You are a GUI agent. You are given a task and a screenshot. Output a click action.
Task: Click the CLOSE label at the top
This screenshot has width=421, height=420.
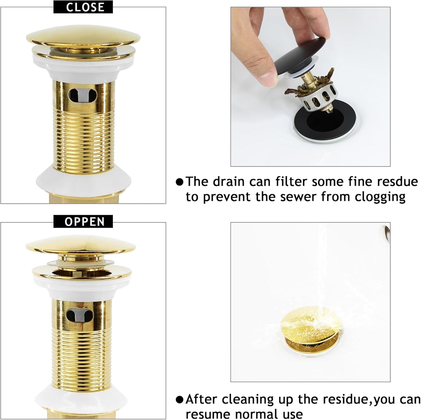pyautogui.click(x=83, y=7)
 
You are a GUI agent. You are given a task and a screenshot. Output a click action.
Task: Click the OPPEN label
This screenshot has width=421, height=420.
pyautogui.click(x=83, y=222)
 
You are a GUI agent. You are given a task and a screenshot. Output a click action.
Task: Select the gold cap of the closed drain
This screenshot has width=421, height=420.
pyautogui.click(x=83, y=36)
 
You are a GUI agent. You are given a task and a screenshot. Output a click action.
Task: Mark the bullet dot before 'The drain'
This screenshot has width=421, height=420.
pyautogui.click(x=180, y=182)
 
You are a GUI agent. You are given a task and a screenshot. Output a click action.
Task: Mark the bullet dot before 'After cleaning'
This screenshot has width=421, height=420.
pyautogui.click(x=180, y=400)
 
